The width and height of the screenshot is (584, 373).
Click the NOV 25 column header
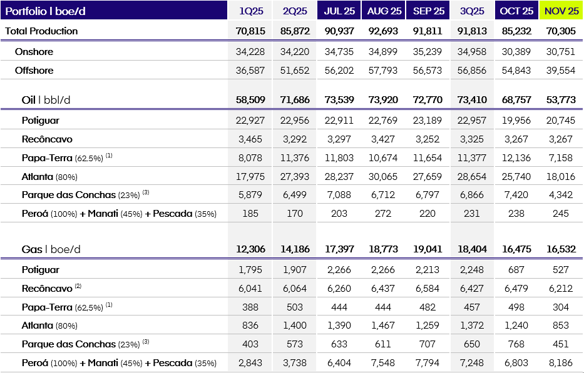pos(561,11)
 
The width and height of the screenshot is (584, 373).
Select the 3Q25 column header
pos(473,11)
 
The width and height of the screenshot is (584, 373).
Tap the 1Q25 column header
pos(250,11)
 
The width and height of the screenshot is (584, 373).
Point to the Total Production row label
pos(42,31)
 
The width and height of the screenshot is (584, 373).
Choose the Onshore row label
pos(34,52)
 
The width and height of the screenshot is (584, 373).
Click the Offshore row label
pos(34,71)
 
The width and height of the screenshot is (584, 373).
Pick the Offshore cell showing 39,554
pos(561,71)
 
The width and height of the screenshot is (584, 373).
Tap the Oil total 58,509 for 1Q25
pos(250,100)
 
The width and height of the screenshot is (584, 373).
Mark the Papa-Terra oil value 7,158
pos(561,157)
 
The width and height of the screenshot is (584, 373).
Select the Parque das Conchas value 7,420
pos(516,195)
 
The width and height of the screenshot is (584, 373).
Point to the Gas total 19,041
pos(428,249)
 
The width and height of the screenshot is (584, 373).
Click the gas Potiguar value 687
pos(516,270)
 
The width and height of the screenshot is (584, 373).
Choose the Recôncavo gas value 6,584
pos(428,289)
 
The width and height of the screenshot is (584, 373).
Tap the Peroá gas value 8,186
pos(561,362)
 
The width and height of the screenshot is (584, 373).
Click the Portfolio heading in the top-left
pos(46,11)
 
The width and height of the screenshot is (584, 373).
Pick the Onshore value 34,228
pos(250,52)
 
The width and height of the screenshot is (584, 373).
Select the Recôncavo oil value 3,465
pos(250,139)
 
